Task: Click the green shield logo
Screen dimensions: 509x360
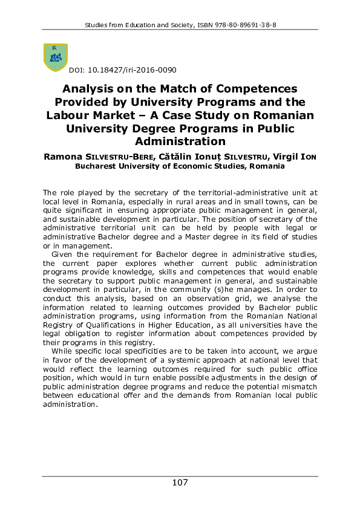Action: pyautogui.click(x=55, y=57)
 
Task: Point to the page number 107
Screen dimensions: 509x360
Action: pyautogui.click(x=180, y=482)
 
